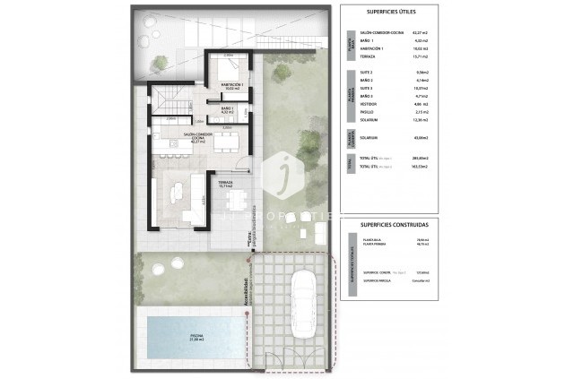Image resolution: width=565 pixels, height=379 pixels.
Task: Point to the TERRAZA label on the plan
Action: [226, 184]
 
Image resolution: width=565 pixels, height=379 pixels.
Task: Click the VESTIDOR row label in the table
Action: [368, 104]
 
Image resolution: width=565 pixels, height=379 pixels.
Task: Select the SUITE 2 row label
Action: [366, 72]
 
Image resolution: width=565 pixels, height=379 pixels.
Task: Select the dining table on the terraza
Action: [236, 199]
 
